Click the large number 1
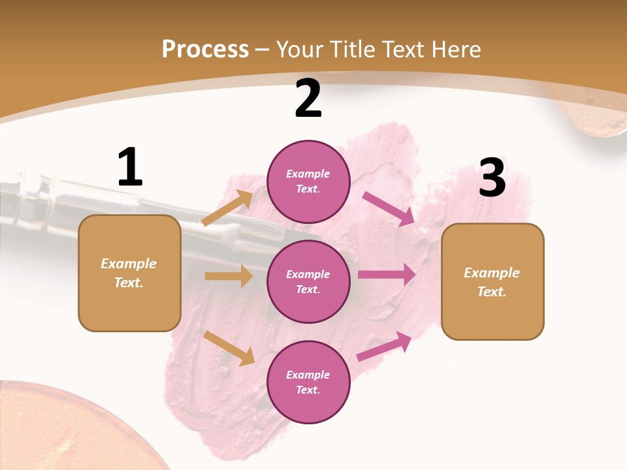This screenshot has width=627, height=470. click(x=130, y=167)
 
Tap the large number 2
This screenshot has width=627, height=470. click(x=308, y=99)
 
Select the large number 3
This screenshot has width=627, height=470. click(x=492, y=178)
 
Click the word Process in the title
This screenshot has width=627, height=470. click(x=205, y=49)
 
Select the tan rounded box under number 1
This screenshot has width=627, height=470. click(x=129, y=273)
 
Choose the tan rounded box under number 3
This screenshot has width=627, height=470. click(x=492, y=281)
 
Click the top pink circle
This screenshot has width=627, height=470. click(x=308, y=181)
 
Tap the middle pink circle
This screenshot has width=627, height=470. click(x=308, y=281)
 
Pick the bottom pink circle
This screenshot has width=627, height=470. click(x=308, y=382)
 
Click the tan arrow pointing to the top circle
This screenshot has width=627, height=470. click(x=228, y=208)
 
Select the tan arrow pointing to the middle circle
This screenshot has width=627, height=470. click(x=229, y=276)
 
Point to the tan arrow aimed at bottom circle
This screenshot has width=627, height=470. click(x=229, y=348)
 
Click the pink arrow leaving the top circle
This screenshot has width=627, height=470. click(x=389, y=208)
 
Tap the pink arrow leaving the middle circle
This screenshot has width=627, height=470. click(x=387, y=275)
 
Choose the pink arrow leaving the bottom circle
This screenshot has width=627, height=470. click(x=385, y=346)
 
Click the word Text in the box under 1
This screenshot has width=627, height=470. click(x=128, y=283)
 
